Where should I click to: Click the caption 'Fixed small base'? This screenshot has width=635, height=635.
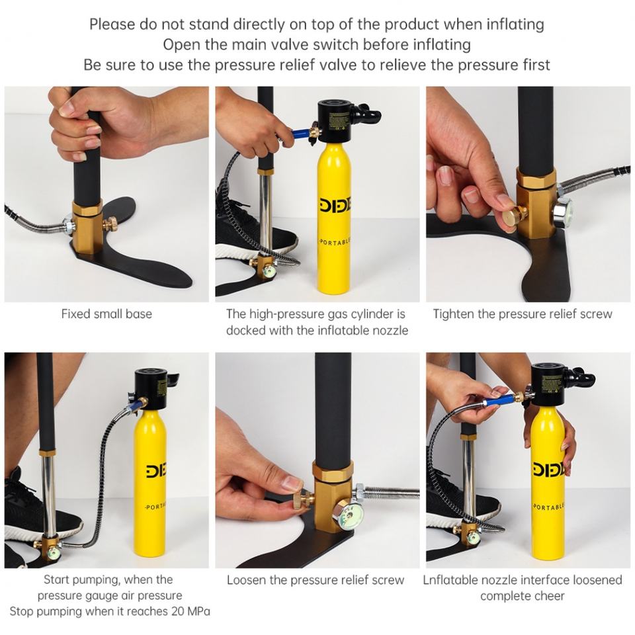(106, 314)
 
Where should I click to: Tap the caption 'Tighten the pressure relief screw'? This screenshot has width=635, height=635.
(523, 314)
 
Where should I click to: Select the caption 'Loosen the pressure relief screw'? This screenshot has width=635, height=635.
(316, 580)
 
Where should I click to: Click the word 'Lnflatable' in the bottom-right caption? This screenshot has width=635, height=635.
(450, 580)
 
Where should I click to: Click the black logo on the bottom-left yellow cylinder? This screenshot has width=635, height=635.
(157, 471)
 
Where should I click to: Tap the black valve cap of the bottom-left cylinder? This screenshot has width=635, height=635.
(153, 390)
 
